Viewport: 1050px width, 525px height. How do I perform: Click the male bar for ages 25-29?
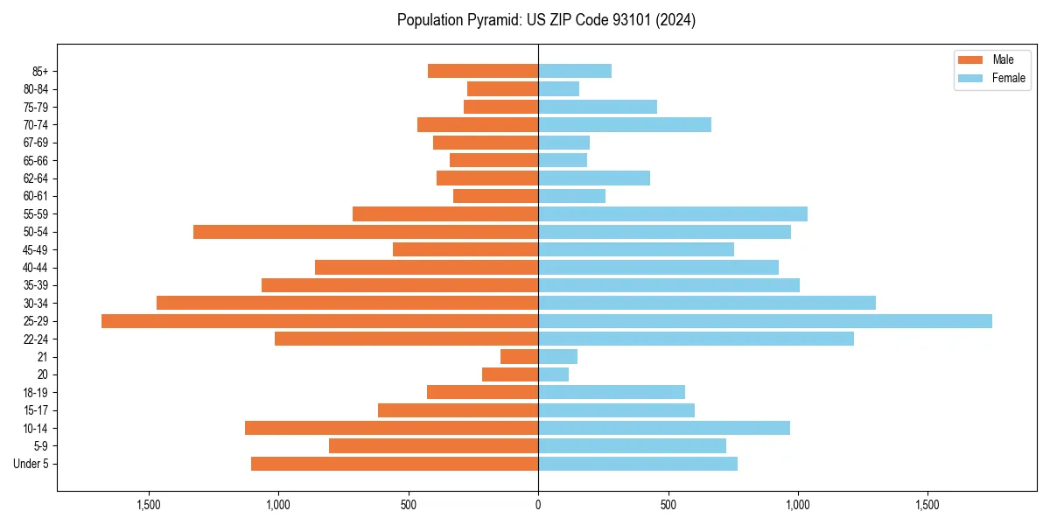319,321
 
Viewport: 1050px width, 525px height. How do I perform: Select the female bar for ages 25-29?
765,321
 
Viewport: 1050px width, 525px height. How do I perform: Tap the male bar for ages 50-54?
366,232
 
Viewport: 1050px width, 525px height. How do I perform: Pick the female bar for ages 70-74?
625,125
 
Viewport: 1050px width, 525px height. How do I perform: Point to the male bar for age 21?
519,357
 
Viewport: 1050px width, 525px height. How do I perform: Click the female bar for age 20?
553,374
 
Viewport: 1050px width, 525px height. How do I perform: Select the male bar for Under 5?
395,464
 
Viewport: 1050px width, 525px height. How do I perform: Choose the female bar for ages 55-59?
673,214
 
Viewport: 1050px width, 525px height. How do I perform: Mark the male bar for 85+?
483,71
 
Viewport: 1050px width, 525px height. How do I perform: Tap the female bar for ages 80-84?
558,89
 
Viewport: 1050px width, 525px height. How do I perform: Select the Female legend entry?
991,78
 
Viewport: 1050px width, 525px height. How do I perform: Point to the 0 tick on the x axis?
538,505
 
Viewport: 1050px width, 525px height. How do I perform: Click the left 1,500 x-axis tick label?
149,505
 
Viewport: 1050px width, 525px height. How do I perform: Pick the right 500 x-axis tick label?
668,505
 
